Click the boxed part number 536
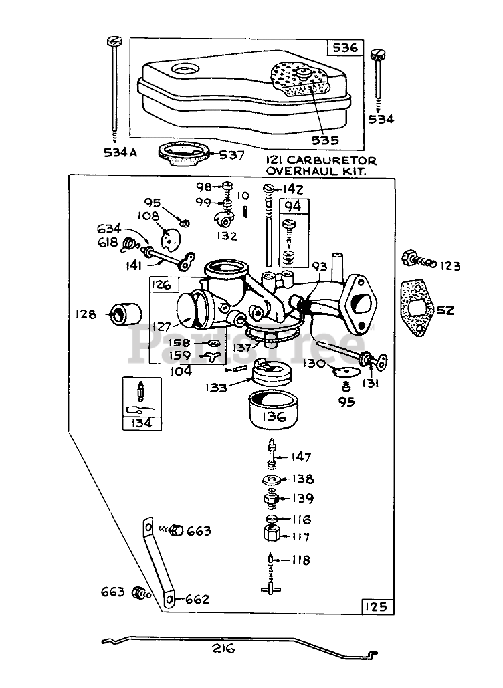(345, 47)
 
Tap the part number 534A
(120, 152)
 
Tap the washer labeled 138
(272, 479)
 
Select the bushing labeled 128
(125, 314)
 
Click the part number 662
(197, 599)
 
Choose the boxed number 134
(141, 423)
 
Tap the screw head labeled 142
(268, 189)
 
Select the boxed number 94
(293, 205)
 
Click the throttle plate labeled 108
(170, 238)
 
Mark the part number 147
(300, 457)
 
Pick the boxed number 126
(161, 284)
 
